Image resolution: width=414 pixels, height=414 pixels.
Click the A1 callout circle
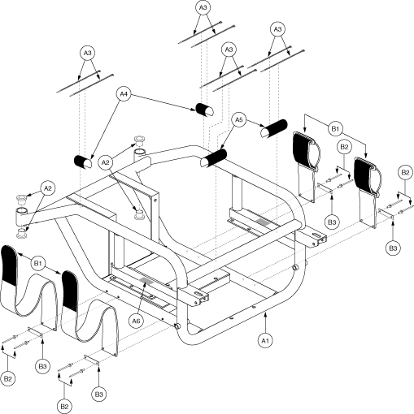[265, 341]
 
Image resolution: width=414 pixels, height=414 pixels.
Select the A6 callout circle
[136, 321]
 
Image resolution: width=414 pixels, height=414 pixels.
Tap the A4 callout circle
[124, 94]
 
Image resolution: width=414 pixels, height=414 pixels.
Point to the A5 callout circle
[238, 119]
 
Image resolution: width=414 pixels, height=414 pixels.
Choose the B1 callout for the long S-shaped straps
[38, 263]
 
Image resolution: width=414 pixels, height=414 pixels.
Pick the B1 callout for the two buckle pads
[335, 128]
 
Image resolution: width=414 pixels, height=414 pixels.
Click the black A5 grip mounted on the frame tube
[213, 157]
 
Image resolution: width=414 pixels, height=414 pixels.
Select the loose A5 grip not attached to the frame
[274, 128]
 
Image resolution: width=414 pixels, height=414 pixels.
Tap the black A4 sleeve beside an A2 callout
[83, 162]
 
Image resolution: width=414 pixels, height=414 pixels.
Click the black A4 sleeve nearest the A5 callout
[204, 110]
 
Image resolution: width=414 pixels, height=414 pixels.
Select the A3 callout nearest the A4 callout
[87, 53]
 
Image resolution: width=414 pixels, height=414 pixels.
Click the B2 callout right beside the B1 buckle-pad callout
[344, 147]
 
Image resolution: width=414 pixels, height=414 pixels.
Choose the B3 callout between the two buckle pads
[332, 222]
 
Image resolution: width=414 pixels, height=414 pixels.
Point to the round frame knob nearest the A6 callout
[178, 326]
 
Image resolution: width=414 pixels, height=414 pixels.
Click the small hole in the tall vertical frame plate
[155, 201]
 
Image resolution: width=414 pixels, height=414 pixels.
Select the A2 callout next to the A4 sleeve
[106, 162]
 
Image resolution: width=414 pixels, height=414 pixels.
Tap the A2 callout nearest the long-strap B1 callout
[48, 188]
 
